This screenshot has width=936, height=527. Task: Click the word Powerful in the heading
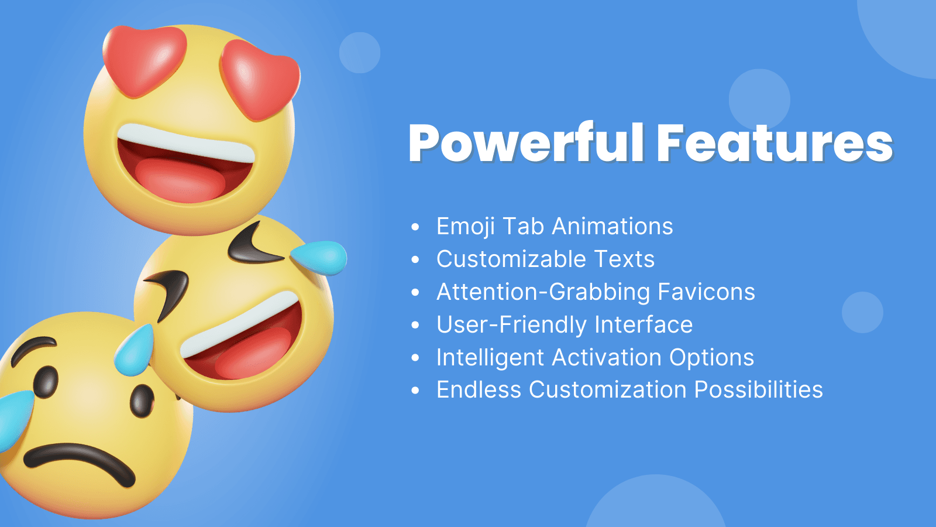tap(526, 143)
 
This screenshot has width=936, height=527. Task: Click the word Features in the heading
tap(775, 143)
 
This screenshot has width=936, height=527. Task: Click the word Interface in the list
tap(643, 324)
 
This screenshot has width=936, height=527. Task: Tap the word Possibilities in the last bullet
tap(758, 389)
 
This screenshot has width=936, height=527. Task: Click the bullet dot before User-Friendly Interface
tap(415, 325)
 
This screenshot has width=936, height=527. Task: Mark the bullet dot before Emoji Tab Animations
tap(415, 227)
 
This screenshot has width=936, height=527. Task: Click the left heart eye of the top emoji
tap(144, 61)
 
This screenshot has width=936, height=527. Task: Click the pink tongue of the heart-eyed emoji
tap(180, 180)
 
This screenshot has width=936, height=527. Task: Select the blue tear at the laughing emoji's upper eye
tap(319, 257)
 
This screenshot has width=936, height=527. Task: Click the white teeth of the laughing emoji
tap(239, 324)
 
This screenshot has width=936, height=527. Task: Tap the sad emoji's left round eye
tap(46, 382)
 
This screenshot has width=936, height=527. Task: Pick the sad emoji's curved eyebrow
tap(33, 350)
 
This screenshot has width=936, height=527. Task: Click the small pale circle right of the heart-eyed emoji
tap(359, 53)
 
